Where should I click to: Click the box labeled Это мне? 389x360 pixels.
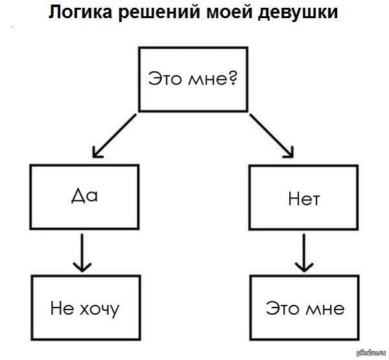pyautogui.click(x=194, y=78)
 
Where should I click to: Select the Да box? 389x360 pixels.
pyautogui.click(x=84, y=197)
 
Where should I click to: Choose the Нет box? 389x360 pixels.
pyautogui.click(x=303, y=198)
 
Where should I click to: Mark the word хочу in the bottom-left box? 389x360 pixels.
pyautogui.click(x=97, y=308)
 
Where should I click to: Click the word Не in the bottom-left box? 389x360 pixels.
pyautogui.click(x=59, y=307)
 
